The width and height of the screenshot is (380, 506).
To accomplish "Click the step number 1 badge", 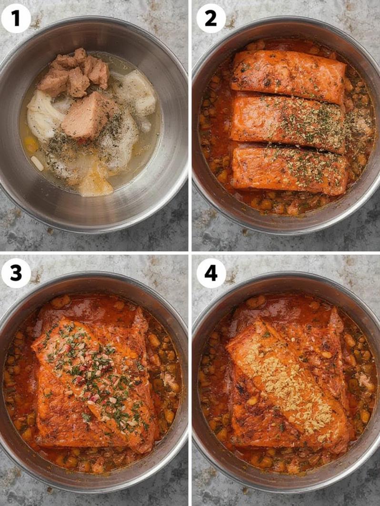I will [16, 18].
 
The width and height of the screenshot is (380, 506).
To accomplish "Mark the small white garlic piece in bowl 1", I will [37, 163].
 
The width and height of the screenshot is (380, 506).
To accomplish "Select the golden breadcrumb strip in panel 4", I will [290, 380].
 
